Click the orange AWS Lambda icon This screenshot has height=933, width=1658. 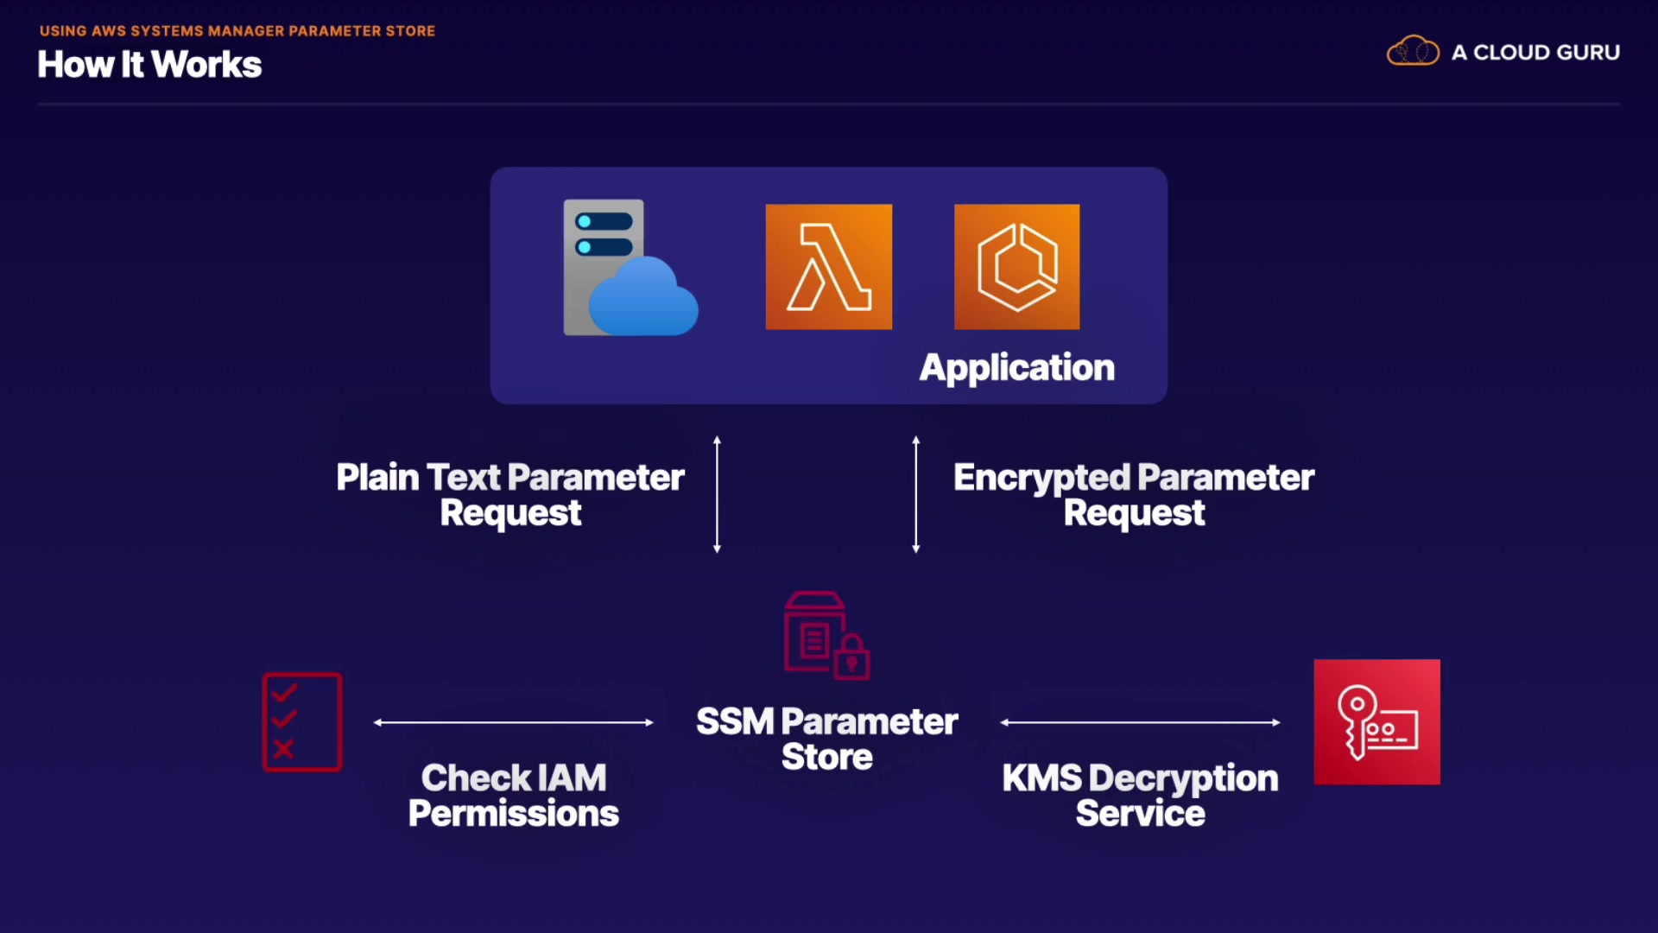[x=828, y=267]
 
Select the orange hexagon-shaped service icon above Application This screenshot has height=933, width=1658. [x=1016, y=267]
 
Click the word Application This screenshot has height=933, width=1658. [x=1016, y=368]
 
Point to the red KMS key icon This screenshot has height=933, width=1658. [x=1376, y=722]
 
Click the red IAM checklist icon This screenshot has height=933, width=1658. [x=302, y=722]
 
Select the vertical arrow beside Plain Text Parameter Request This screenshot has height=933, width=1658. [x=717, y=494]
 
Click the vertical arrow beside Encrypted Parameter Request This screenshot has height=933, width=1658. [x=916, y=494]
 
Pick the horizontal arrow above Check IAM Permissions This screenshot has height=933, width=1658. [x=513, y=722]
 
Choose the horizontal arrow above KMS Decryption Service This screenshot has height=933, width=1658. [x=1140, y=722]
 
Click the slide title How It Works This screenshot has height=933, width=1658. [x=149, y=65]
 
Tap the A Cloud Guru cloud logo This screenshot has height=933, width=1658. [x=1413, y=52]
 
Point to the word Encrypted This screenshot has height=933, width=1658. [x=1041, y=478]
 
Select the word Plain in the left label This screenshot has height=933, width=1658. [x=377, y=478]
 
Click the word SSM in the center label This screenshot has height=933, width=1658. [x=735, y=722]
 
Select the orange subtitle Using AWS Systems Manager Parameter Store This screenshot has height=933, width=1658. [x=237, y=31]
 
